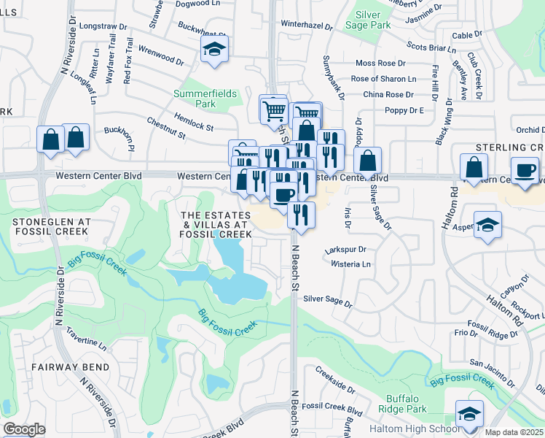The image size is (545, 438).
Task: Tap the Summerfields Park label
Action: (195, 99)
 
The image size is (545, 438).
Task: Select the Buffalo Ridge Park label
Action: (402, 404)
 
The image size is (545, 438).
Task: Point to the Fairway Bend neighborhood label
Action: (70, 367)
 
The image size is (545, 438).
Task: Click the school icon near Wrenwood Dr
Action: (214, 50)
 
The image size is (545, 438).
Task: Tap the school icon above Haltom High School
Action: (469, 413)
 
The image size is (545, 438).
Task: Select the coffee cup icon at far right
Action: (525, 170)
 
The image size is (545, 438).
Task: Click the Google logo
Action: (24, 429)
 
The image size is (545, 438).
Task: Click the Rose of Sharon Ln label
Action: (383, 79)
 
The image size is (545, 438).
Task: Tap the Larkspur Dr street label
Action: (347, 249)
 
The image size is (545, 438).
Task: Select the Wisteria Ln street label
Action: (351, 264)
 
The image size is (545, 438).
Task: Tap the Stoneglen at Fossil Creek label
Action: (50, 225)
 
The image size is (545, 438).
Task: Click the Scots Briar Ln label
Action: (431, 49)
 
